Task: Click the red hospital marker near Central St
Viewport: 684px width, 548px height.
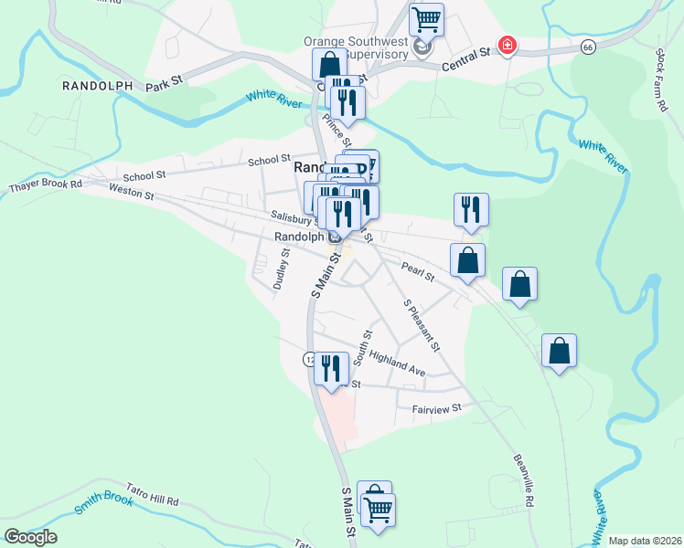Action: tap(506, 45)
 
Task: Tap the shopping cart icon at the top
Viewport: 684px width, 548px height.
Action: tap(426, 18)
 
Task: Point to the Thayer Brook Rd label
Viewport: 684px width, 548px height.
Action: tap(46, 185)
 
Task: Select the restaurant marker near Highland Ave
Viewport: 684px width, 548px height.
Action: tap(331, 368)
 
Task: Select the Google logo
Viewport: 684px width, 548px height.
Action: tap(30, 537)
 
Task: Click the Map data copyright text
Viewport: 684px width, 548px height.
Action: tap(644, 541)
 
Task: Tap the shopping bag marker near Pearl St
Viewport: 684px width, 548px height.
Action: tap(468, 259)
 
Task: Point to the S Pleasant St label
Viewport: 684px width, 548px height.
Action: tap(422, 325)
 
